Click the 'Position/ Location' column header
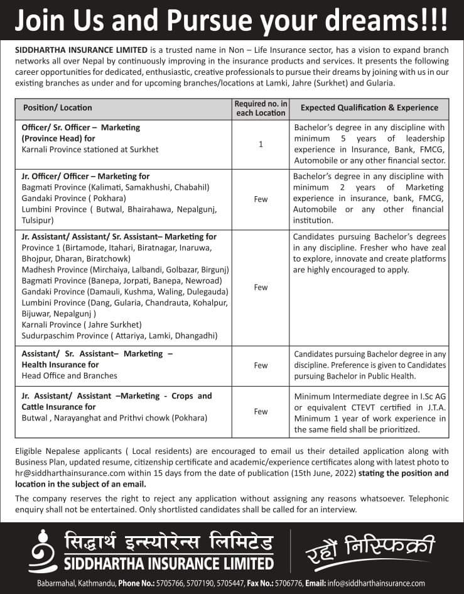click(x=57, y=107)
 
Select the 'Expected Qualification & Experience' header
click(x=369, y=107)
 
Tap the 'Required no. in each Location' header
click(x=260, y=108)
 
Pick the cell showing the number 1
click(x=260, y=145)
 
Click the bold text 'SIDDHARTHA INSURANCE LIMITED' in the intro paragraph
click(x=81, y=50)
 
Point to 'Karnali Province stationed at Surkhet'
click(x=90, y=150)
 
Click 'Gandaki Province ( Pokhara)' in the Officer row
click(x=72, y=198)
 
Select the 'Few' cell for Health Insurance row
click(x=260, y=365)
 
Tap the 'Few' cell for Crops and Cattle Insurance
click(x=260, y=412)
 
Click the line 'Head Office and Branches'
click(x=69, y=375)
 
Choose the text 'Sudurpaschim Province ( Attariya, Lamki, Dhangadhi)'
click(x=119, y=336)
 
